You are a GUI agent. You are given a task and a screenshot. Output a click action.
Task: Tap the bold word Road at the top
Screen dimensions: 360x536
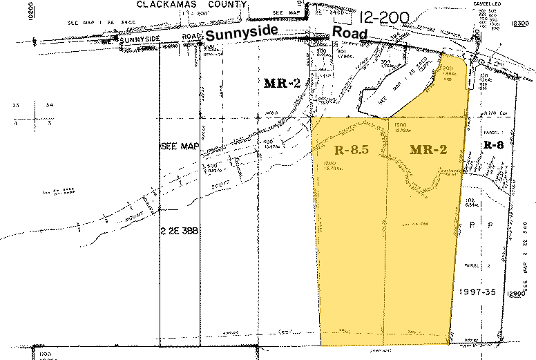(x=352, y=33)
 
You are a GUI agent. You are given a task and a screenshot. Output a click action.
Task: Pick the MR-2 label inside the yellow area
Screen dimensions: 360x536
(x=428, y=149)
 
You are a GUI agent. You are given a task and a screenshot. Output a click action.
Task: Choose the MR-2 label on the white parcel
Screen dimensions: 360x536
(x=281, y=83)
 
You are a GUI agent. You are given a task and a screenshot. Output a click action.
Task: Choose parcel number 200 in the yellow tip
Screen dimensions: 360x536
(x=448, y=68)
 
